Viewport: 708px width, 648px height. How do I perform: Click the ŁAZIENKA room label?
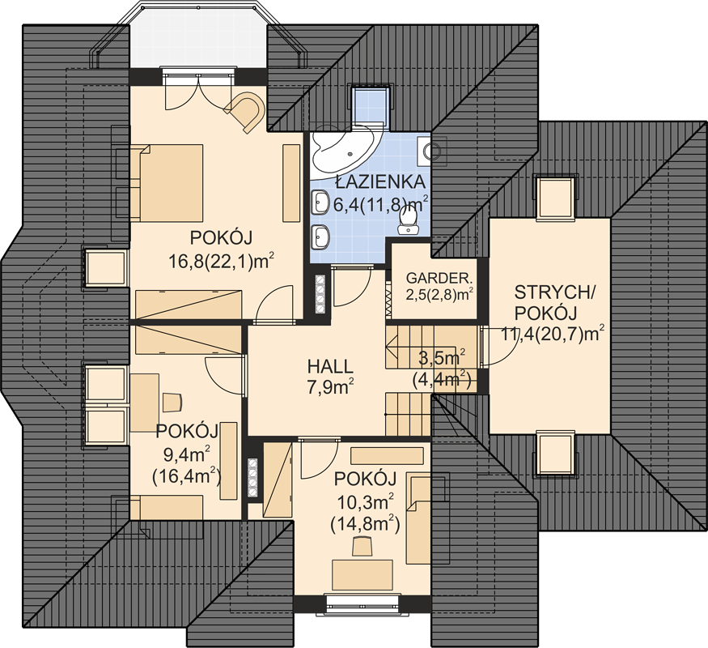380,181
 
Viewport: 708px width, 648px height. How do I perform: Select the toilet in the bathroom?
408,222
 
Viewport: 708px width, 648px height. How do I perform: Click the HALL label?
329,366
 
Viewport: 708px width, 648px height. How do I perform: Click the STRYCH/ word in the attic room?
555,293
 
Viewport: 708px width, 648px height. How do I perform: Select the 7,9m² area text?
330,387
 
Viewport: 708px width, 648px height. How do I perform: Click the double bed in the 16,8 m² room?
166,182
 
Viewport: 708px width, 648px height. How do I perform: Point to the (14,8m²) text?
365,524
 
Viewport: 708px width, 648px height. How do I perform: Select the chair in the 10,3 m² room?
362,546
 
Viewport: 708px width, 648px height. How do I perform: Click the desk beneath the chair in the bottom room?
362,575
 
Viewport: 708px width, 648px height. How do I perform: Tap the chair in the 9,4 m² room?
171,403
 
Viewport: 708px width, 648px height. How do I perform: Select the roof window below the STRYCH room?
555,454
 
